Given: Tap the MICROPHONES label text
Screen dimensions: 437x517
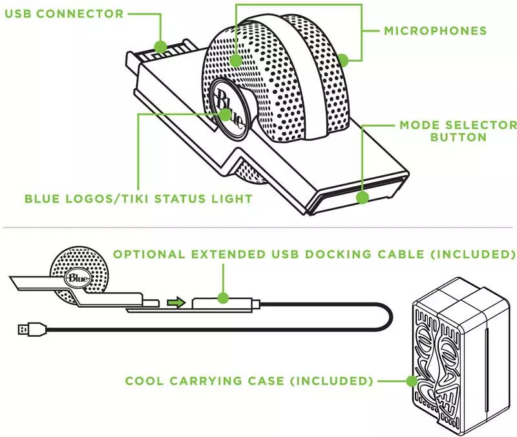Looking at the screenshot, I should coord(435,30).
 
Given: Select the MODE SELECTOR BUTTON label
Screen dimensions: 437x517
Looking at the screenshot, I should coord(458,131).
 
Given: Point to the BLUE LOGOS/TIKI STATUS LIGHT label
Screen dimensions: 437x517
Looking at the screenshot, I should coord(138,198).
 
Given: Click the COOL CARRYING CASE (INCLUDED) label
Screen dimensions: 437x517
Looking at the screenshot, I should coord(249,380).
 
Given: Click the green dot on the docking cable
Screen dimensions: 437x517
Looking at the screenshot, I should coord(222,298).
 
